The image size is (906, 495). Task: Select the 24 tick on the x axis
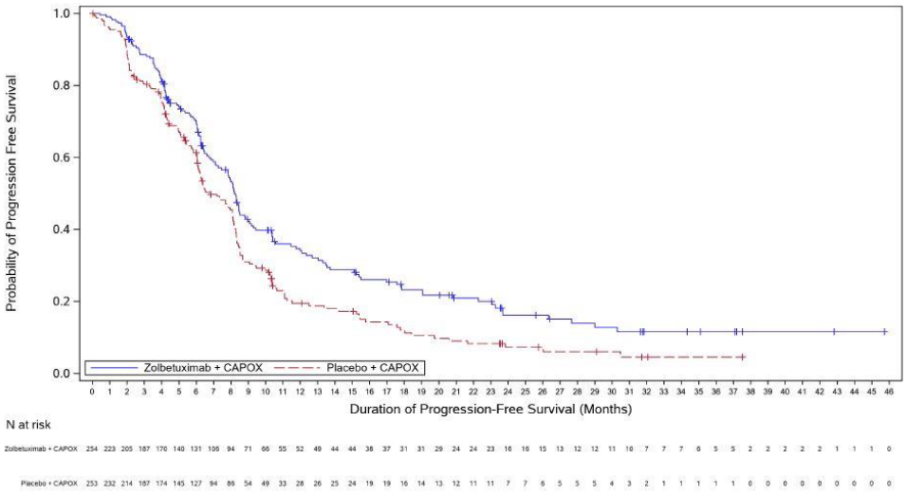(508, 390)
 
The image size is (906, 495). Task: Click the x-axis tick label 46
(889, 390)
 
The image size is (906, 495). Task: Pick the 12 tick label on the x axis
(300, 390)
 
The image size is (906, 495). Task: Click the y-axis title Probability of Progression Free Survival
(12, 193)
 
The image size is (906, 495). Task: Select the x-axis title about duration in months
(490, 410)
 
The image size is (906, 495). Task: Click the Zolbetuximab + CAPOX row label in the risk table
(42, 448)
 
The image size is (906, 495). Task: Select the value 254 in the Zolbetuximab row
(92, 448)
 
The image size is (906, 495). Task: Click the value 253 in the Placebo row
(92, 482)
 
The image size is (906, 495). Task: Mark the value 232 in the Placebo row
(109, 482)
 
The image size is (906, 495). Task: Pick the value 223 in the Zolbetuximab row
(109, 448)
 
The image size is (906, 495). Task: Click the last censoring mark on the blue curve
(884, 332)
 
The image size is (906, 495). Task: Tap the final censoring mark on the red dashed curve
(742, 357)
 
